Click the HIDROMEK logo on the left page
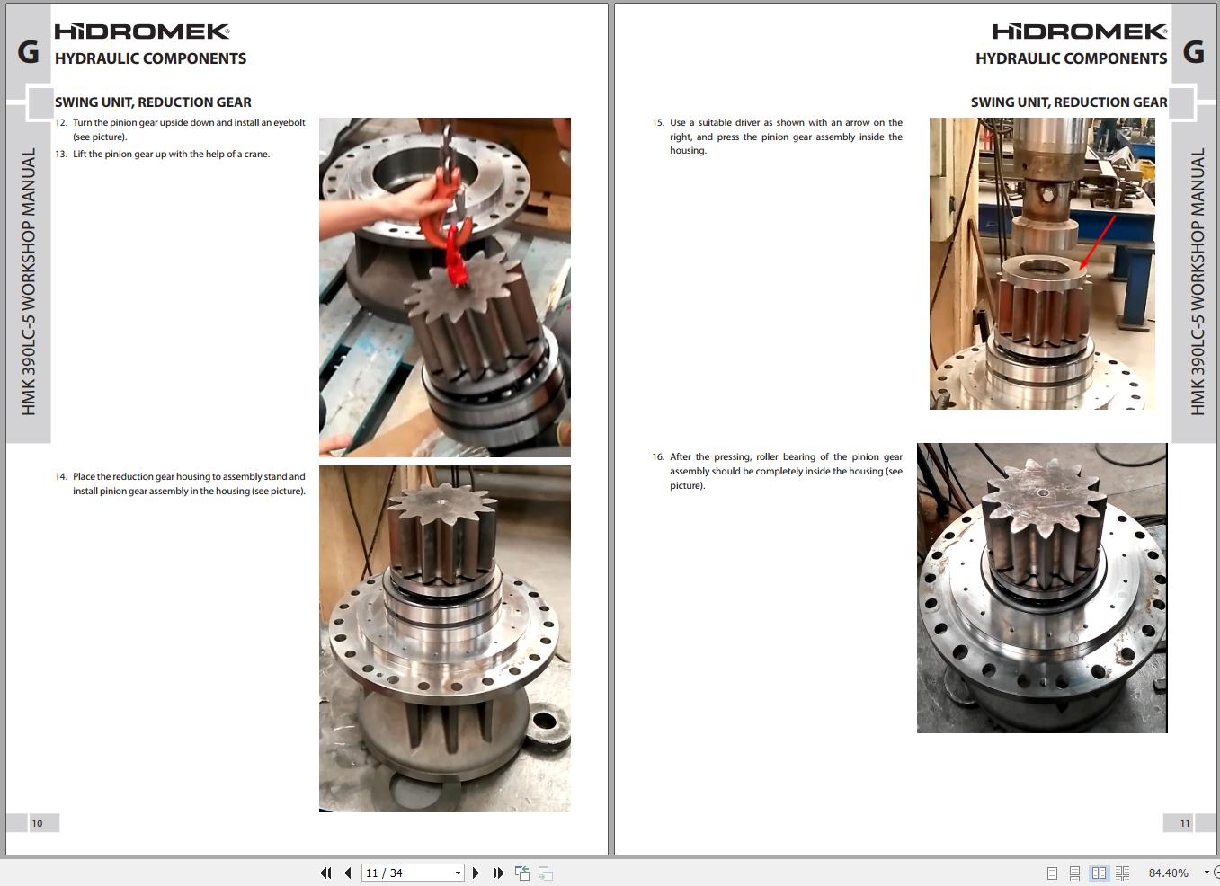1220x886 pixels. [x=142, y=31]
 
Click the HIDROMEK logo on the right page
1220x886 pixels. [x=1079, y=31]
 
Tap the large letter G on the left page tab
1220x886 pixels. [x=29, y=53]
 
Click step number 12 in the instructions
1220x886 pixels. [x=60, y=123]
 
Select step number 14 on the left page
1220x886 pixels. [x=60, y=477]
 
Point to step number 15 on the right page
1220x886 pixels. [x=658, y=123]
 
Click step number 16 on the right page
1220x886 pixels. [x=658, y=457]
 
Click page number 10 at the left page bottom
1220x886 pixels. [x=37, y=823]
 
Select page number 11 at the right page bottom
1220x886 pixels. [x=1185, y=823]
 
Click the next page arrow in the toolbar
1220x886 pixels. [x=476, y=873]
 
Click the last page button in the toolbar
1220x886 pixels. [x=498, y=873]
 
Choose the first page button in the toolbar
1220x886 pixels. [x=325, y=873]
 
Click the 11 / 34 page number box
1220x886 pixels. [x=413, y=873]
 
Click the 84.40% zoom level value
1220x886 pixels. [x=1168, y=873]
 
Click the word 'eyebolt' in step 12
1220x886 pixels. [x=289, y=123]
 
